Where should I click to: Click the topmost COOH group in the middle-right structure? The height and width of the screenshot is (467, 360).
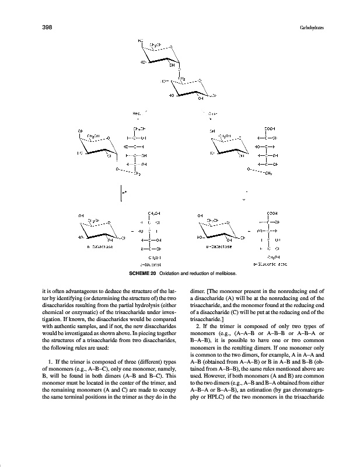(x=269, y=128)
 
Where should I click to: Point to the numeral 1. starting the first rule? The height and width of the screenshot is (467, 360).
(x=43, y=366)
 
